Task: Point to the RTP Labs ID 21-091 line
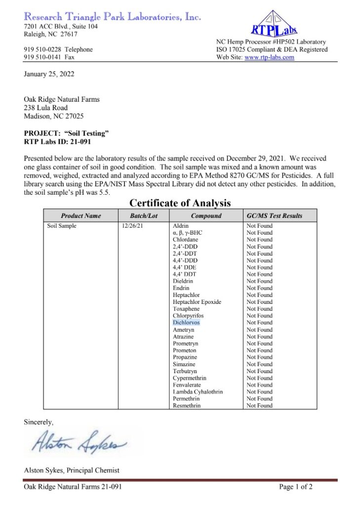point(57,142)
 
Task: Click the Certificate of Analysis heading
point(180,203)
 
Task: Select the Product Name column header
point(81,216)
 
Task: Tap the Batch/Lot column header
point(143,216)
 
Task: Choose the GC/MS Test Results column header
point(274,216)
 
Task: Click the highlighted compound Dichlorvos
point(187,323)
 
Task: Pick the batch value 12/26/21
point(132,226)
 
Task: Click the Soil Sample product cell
point(62,226)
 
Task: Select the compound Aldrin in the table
point(181,226)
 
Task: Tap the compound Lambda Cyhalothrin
point(198,392)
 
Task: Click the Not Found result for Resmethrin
point(259,406)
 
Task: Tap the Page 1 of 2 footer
point(296,487)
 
